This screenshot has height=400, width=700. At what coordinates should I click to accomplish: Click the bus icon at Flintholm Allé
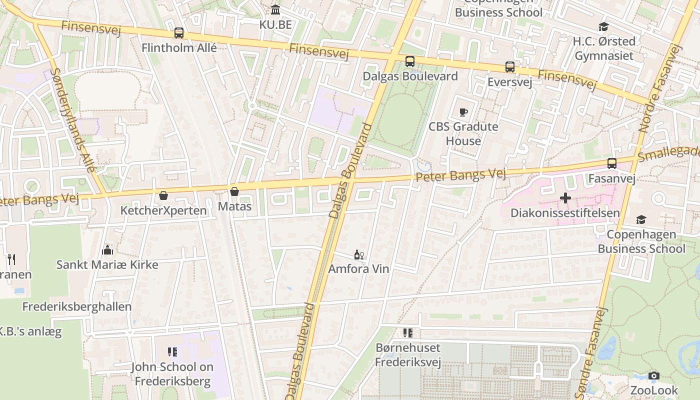point(179,33)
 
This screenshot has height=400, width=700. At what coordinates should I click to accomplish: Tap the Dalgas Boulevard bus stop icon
point(410,61)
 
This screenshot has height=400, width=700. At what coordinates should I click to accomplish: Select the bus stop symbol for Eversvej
point(510,67)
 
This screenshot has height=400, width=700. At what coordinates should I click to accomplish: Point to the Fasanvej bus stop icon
point(612,163)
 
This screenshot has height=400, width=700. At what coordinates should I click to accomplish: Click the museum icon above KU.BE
point(275,10)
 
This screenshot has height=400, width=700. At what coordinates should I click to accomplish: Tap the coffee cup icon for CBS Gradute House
point(463,112)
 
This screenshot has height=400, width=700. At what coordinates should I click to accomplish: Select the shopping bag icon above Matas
point(234,191)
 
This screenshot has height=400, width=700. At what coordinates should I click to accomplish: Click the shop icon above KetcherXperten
point(163,195)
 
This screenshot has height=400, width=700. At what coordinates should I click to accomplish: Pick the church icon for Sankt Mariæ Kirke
point(107,250)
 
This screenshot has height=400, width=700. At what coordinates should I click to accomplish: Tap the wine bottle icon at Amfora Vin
point(358,255)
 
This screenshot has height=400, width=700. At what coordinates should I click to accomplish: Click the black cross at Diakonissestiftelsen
point(565,198)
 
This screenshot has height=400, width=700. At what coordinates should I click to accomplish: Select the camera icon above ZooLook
point(653,375)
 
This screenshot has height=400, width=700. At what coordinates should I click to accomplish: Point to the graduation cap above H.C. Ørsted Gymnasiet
point(604,26)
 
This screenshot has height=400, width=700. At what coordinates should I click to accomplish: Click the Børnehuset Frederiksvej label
point(408,354)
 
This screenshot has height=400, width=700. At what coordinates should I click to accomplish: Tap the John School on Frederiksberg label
point(172,374)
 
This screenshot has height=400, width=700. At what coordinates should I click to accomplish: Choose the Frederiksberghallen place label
point(77,306)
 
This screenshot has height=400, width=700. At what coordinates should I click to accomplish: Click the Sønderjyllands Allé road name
point(72,120)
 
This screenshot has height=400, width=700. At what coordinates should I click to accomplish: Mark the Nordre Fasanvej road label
point(660,89)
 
